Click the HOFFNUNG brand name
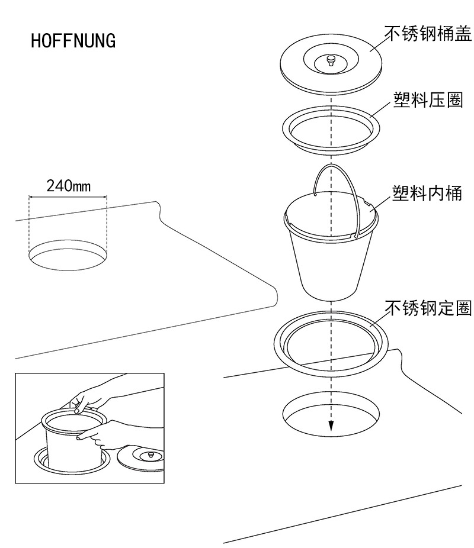click(x=73, y=41)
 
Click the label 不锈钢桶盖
click(x=428, y=33)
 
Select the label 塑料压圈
click(x=427, y=99)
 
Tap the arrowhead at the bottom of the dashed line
click(x=331, y=427)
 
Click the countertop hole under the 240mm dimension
click(x=68, y=254)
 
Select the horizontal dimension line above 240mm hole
click(x=68, y=196)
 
